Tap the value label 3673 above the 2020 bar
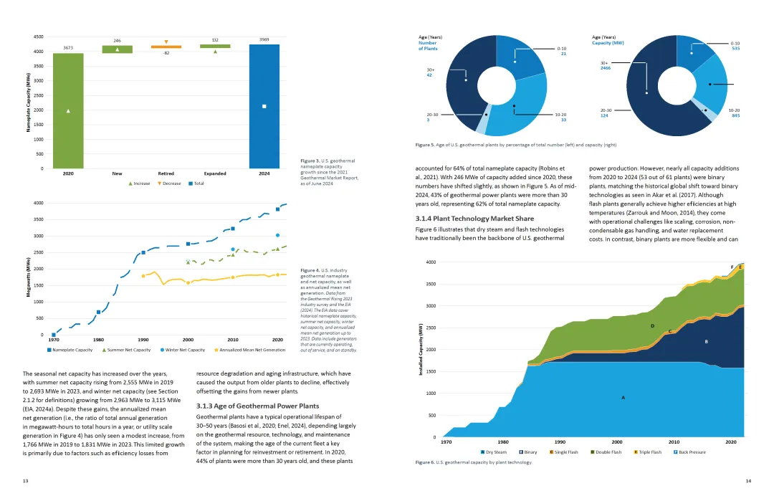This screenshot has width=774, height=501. tap(68, 48)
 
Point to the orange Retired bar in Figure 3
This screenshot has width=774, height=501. tap(166, 47)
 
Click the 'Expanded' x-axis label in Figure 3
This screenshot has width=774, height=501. tap(215, 173)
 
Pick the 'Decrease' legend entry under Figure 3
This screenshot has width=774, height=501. tap(169, 183)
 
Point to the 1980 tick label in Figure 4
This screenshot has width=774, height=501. tap(99, 340)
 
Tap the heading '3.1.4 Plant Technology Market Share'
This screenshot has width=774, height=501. tap(464, 218)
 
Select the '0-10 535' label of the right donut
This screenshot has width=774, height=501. tap(735, 46)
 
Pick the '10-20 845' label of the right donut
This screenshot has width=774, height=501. tap(734, 113)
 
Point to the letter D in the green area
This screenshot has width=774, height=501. tap(652, 325)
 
